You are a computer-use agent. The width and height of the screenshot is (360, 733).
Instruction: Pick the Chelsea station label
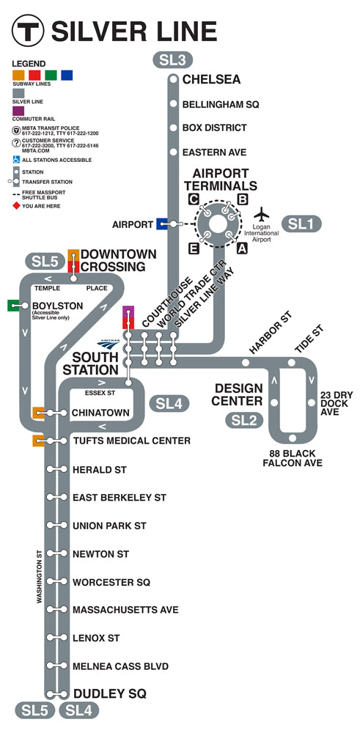click(x=211, y=79)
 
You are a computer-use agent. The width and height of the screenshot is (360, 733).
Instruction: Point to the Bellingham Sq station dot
click(x=174, y=103)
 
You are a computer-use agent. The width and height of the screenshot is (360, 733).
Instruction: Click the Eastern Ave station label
click(x=214, y=152)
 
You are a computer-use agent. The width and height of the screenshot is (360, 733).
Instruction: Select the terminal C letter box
click(x=194, y=199)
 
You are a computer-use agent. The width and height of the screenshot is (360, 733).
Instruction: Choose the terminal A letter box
click(x=242, y=249)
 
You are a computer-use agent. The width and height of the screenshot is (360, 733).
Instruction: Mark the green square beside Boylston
click(x=13, y=305)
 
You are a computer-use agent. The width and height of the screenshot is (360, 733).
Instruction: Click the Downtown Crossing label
click(x=118, y=260)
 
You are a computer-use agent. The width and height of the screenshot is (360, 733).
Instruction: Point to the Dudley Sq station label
click(x=109, y=693)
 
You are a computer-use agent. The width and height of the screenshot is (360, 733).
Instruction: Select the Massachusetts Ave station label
click(x=125, y=610)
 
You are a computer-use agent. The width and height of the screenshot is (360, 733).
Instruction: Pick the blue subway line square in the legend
click(x=67, y=75)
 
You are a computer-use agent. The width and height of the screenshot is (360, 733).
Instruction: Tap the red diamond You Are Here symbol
click(x=16, y=206)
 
